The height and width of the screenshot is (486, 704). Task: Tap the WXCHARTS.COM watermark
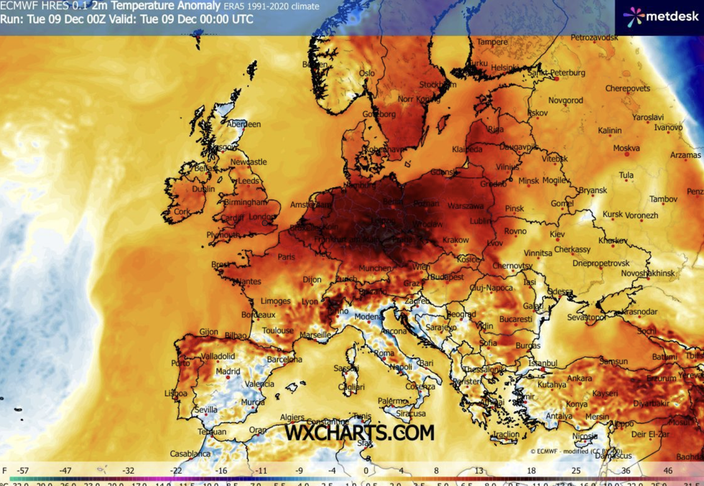[359, 433]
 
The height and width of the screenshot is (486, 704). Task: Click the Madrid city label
[228, 371]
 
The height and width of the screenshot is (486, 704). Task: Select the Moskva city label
[626, 149]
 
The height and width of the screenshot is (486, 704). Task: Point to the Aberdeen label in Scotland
[244, 124]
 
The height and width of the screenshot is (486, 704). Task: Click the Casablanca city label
[190, 454]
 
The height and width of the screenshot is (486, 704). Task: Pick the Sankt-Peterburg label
[558, 73]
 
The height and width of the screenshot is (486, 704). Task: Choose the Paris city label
[287, 257]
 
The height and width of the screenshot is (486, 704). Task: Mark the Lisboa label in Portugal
[175, 393]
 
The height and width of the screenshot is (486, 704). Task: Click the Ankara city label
[579, 378]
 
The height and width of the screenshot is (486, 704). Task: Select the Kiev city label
[557, 235]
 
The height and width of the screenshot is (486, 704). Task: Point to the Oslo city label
[367, 73]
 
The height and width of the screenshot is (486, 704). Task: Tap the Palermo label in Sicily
[392, 401]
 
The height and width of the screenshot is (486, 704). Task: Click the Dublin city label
[203, 190]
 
